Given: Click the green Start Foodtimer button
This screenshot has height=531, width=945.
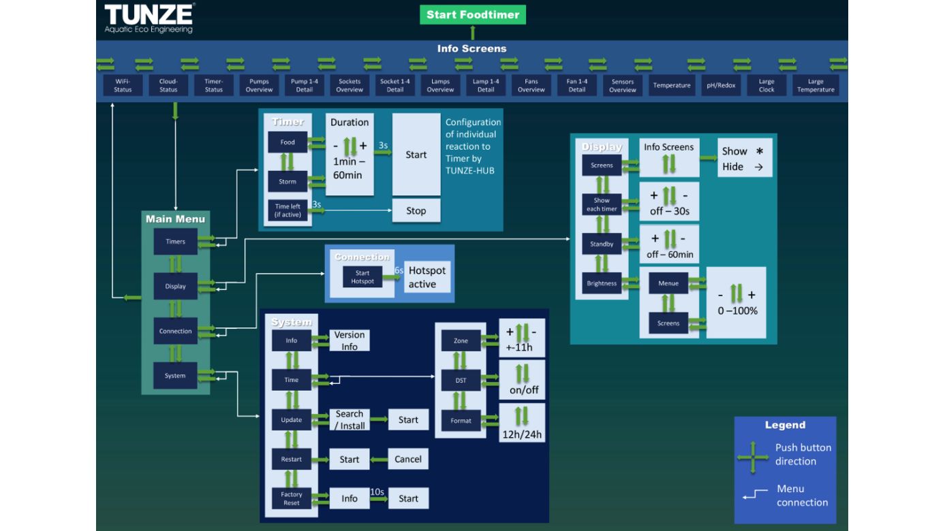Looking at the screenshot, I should pos(472,14).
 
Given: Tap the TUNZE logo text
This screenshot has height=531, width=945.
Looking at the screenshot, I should pos(149,14).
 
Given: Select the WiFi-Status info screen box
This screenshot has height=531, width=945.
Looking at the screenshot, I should pos(123,86).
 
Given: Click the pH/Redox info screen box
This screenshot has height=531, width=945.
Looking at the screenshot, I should pos(721,86).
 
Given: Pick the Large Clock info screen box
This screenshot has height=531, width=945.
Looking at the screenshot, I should pos(766,86).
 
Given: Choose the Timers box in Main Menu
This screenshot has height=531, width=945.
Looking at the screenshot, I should pos(175,242).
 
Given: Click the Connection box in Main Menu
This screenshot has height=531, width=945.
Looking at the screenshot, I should pos(175,332).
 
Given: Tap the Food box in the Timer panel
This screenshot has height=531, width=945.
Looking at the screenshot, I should pos(288,143).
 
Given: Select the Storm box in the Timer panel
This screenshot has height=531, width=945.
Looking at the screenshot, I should pos(288,182).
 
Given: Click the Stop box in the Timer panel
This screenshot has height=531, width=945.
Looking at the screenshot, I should pos(416,210).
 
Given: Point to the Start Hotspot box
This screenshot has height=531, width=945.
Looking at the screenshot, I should pos(363,277).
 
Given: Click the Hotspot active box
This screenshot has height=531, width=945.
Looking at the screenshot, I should pos(427,277).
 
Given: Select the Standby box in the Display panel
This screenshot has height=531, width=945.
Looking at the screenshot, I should pos(602,244).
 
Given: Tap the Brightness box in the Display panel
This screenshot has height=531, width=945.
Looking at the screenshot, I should pos(602,284).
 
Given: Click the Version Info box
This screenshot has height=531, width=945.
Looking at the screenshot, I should pos(349,340).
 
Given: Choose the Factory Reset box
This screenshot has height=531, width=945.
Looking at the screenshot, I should pos(291,498).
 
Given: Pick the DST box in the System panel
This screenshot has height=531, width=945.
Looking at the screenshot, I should pos(461,381).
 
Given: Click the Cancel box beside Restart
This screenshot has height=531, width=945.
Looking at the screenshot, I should pos(408,460).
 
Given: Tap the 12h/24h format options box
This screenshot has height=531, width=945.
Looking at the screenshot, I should pos(522,423).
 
